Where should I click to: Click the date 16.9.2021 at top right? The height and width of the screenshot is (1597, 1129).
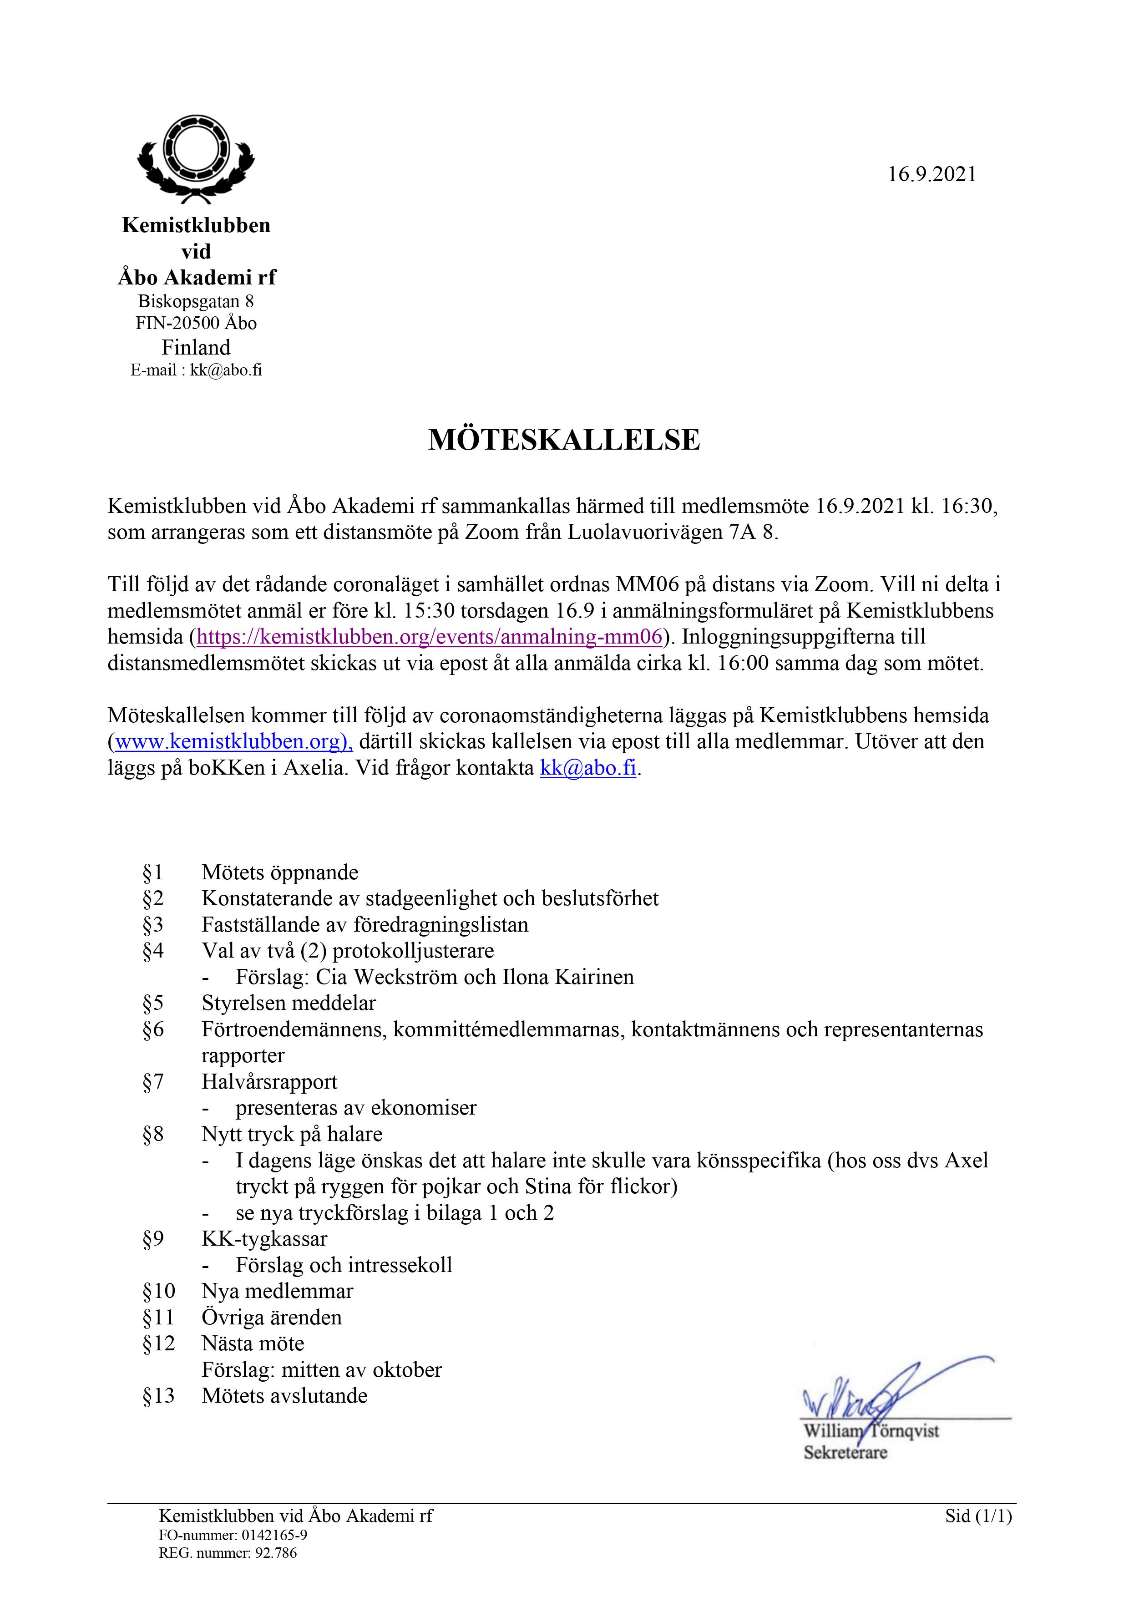pos(932,175)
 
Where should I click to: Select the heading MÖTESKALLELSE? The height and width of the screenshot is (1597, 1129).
pos(564,440)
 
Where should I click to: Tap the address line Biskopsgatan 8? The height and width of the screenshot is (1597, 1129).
pos(196,301)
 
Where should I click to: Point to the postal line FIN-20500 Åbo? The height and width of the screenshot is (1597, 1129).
pos(196,323)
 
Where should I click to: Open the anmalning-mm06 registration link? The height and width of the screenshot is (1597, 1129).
pos(429,636)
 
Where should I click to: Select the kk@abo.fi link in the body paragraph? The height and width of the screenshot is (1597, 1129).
pos(588,768)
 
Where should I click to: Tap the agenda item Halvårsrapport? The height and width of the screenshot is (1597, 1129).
pos(269,1082)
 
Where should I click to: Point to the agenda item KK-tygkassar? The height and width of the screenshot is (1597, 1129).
pos(264,1239)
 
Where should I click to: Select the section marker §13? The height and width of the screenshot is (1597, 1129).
pos(159,1396)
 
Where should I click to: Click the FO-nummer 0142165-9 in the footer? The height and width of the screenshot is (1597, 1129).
pos(233,1535)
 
